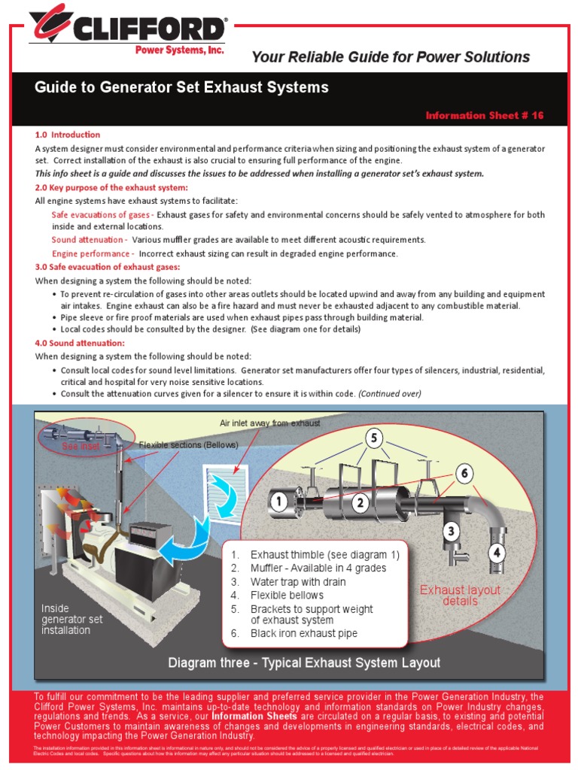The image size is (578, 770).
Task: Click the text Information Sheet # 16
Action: (484, 116)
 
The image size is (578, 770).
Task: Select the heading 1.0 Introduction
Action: (68, 135)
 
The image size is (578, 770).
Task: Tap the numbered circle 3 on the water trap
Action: (451, 532)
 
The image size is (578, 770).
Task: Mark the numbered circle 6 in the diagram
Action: (465, 473)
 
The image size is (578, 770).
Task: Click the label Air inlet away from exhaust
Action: (269, 423)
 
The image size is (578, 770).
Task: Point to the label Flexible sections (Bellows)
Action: (188, 445)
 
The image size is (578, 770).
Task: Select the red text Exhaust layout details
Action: (460, 596)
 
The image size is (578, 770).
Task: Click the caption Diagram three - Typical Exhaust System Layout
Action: (304, 662)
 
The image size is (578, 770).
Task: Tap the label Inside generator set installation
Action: (71, 619)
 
